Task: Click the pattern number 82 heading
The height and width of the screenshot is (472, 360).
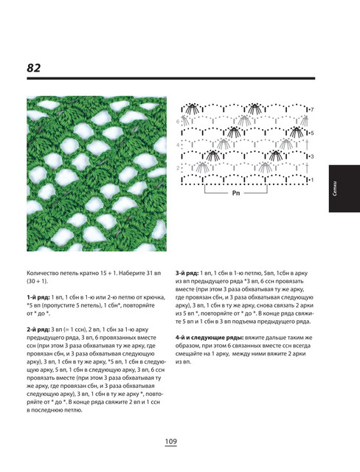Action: [x=34, y=68]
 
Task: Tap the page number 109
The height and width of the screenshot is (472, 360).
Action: [x=170, y=442]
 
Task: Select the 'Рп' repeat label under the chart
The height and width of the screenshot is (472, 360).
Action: [x=236, y=193]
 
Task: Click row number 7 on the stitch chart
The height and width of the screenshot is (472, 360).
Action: [x=312, y=110]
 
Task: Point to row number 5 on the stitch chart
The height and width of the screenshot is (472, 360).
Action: [x=312, y=133]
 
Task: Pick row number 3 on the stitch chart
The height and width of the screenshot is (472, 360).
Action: [x=312, y=156]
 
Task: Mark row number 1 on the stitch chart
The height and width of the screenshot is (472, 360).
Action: [x=312, y=180]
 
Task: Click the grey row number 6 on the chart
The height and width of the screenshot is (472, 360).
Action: [x=178, y=122]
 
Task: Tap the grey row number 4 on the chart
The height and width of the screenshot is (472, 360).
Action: [x=178, y=145]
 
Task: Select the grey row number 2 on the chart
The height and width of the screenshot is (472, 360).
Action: [x=178, y=168]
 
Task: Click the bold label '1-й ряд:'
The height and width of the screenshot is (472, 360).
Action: [x=38, y=297]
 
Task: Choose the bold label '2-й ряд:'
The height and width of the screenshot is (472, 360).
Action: [x=38, y=330]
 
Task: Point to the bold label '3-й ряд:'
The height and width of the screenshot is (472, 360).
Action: [x=187, y=274]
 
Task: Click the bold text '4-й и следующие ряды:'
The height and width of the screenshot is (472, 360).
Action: [x=210, y=338]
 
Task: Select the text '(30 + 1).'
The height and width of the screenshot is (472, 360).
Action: [x=38, y=282]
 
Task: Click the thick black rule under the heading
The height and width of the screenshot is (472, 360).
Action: [x=171, y=78]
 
